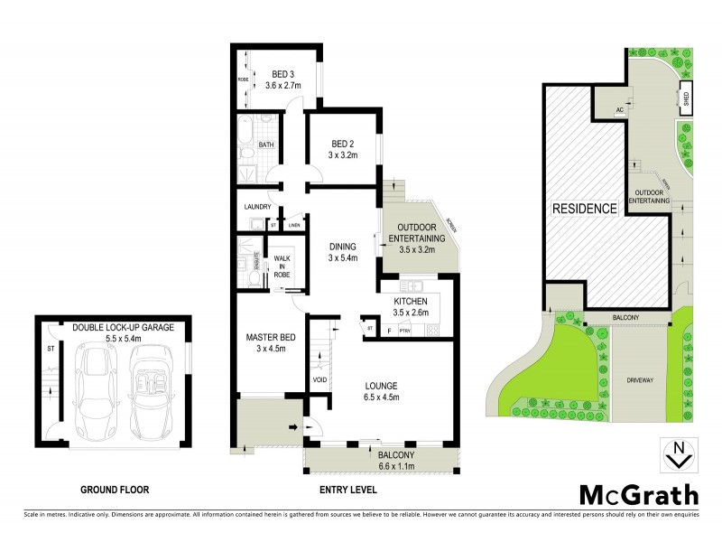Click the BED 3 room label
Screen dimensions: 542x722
283,74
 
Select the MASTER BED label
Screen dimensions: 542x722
266,339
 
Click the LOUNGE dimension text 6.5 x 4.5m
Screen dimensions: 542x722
380,396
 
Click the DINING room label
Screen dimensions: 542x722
343,246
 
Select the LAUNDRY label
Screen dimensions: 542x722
258,207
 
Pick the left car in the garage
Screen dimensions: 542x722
96,386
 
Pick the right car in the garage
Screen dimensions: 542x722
150,386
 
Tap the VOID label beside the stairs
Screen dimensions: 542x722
319,379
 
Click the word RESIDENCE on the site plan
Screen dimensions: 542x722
584,209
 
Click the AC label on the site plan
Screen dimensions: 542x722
619,110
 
